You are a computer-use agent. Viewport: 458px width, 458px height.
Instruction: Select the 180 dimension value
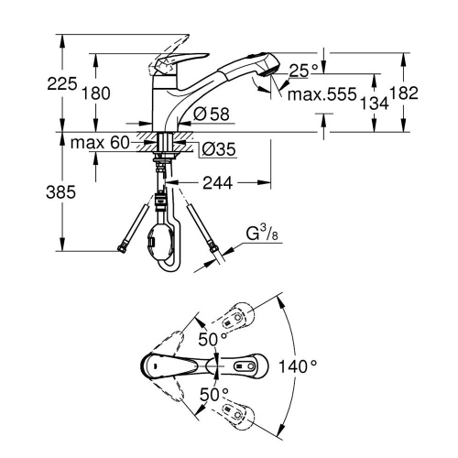point(95,93)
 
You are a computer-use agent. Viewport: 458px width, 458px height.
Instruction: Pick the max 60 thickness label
point(98,142)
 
